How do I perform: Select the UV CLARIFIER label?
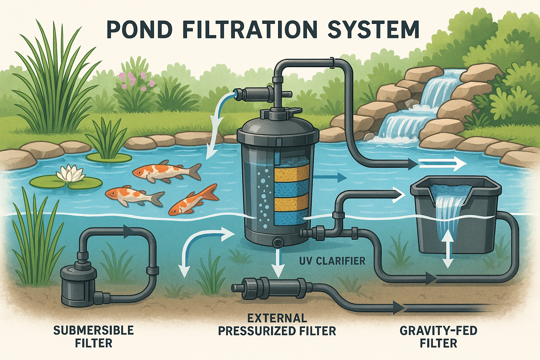click(332, 261)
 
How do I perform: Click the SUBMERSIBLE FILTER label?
click(94, 336)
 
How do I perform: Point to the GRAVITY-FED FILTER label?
click(438, 336)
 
